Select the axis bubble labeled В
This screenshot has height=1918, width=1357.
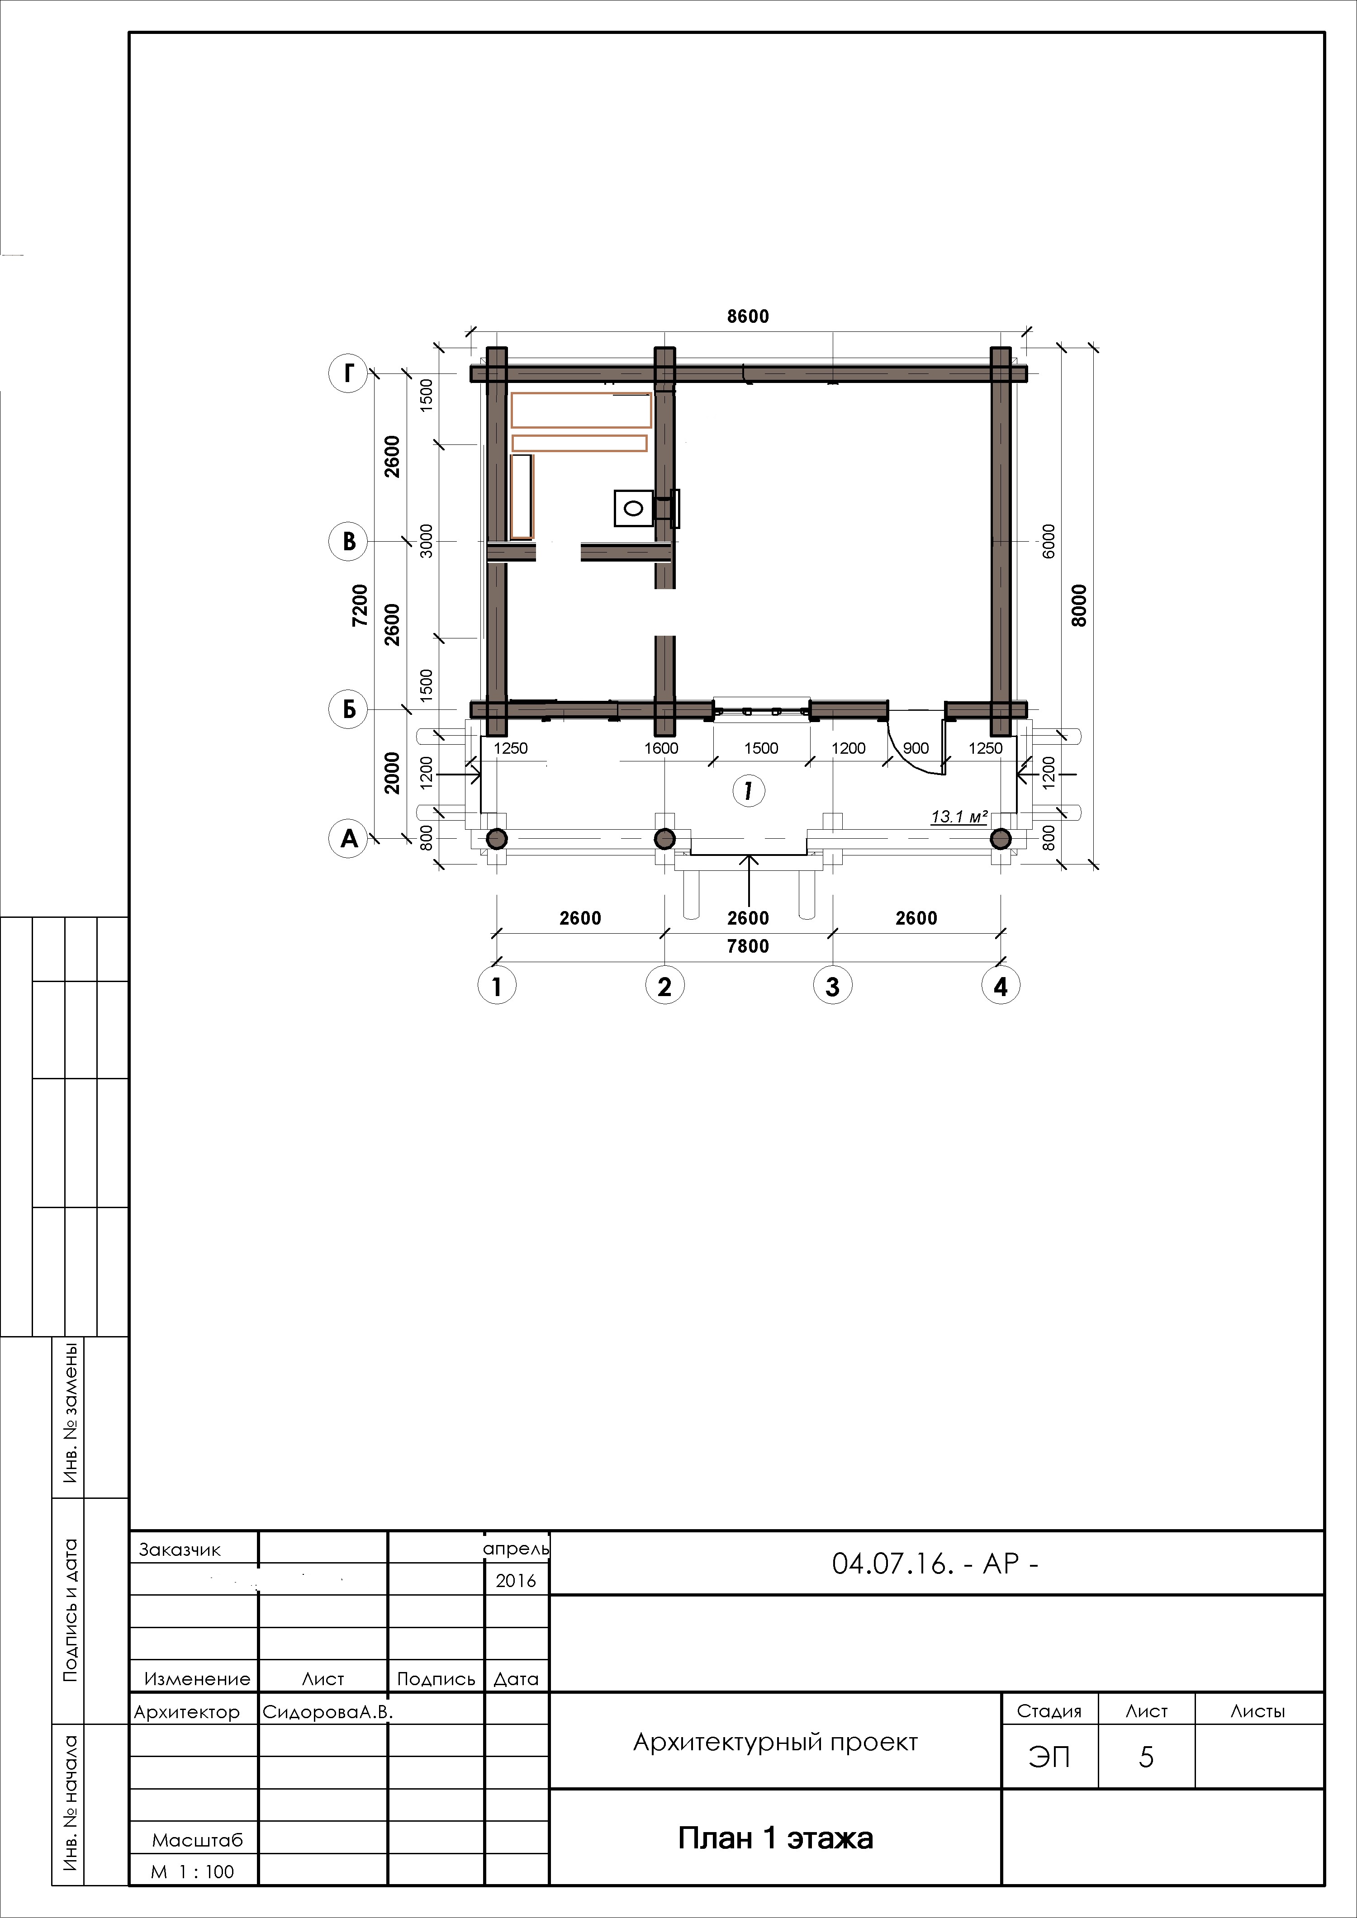coord(348,541)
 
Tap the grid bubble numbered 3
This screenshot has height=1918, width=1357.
coord(832,986)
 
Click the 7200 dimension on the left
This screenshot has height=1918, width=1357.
coord(359,605)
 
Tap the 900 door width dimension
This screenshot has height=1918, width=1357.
coord(916,748)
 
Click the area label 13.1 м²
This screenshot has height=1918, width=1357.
coord(959,816)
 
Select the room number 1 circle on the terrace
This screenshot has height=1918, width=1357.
coord(748,790)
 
